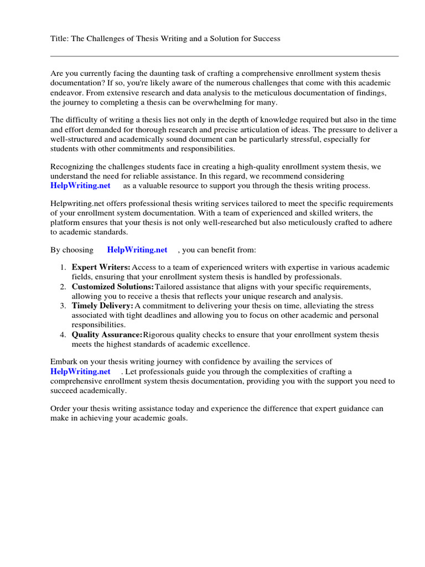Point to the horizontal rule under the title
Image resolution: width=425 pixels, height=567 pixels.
[x=224, y=56]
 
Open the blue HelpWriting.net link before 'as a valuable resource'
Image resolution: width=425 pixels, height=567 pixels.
[x=80, y=185]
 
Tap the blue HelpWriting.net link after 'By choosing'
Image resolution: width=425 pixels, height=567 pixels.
[x=137, y=250]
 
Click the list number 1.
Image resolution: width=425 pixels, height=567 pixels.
[x=63, y=267]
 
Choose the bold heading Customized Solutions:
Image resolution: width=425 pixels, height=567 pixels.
[x=112, y=287]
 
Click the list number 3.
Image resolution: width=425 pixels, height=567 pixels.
[x=63, y=306]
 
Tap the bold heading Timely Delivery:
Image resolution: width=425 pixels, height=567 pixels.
[x=102, y=306]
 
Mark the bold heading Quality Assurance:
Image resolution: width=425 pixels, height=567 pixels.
[x=107, y=335]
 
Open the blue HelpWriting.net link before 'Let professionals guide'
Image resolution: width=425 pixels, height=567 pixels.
[x=80, y=372]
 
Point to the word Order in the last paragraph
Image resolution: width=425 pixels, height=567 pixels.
[x=61, y=409]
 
